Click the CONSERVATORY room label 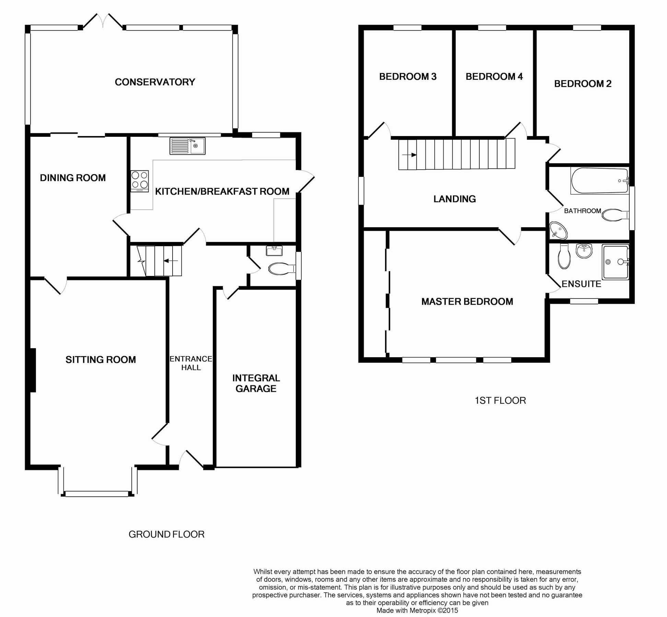click(155, 82)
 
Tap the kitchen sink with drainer click(187, 146)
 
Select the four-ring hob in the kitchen click(140, 181)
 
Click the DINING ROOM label click(73, 178)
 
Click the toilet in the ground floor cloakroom click(280, 269)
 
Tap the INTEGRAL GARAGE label click(256, 383)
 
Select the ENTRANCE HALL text click(191, 363)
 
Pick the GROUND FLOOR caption click(166, 534)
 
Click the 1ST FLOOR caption click(500, 400)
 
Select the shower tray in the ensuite click(615, 262)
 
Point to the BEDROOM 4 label click(494, 76)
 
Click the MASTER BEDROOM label click(467, 302)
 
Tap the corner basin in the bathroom click(558, 230)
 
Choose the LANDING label click(454, 199)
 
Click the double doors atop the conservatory click(103, 21)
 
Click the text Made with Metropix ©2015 click(417, 610)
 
